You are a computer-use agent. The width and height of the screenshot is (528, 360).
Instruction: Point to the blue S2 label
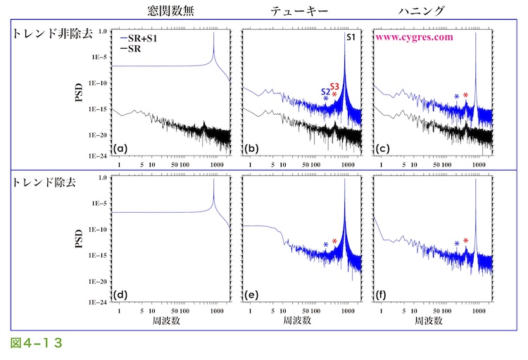click(325, 92)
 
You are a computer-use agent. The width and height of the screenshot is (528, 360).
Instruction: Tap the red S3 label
click(335, 85)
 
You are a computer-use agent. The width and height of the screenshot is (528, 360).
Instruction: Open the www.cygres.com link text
click(414, 37)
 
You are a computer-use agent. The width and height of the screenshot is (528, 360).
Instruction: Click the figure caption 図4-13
click(37, 343)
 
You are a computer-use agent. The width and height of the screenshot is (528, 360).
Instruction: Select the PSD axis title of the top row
click(81, 93)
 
